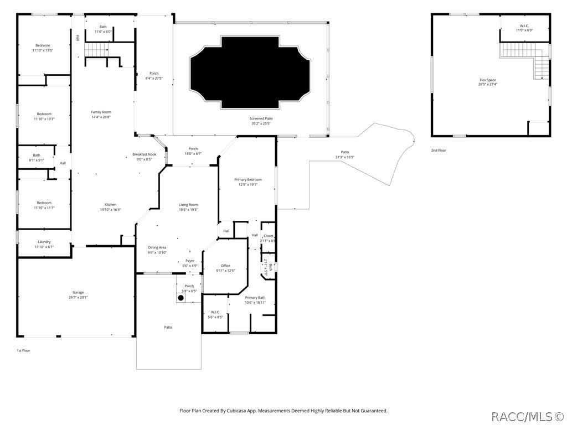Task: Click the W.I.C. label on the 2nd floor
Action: coord(524,27)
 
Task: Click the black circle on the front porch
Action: coord(181,298)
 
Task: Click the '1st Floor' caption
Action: coord(24,350)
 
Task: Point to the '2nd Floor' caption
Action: coord(438,150)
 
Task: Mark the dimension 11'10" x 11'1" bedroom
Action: coord(44,205)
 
